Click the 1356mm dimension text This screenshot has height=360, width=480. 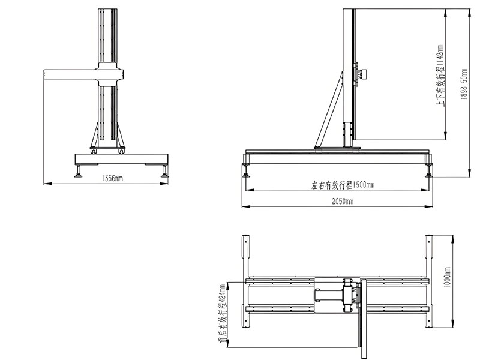pos(112,178)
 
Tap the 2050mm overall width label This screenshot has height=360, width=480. pos(343,201)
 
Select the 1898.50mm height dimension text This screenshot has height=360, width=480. pos(464,84)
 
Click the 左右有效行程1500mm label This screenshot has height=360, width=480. pos(342,185)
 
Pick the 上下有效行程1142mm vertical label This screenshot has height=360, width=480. pos(440,76)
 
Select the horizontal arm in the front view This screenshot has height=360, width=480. pos(83,74)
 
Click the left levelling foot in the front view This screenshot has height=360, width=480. pos(79,171)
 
